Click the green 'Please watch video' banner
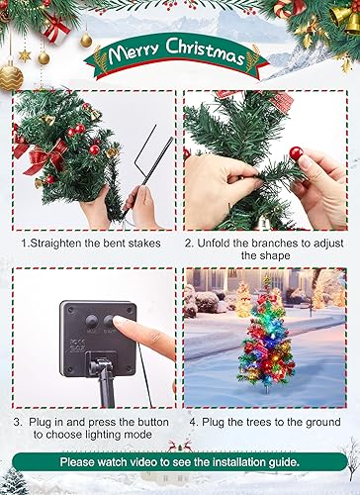point(180,461)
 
